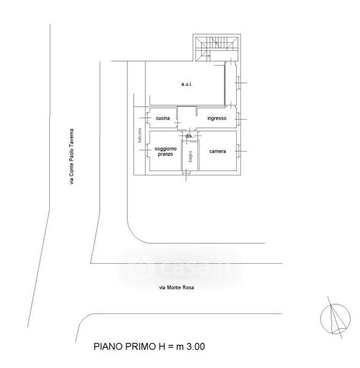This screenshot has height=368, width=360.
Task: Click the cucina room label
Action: coord(163,118)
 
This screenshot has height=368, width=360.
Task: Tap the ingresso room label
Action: coord(216,118)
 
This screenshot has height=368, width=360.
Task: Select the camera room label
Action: coord(217,151)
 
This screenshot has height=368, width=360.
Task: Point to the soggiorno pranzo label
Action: coord(166,151)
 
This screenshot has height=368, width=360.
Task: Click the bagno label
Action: coord(190,156)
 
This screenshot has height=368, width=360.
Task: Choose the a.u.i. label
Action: coord(187,84)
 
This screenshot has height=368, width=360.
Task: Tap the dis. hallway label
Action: coord(189,136)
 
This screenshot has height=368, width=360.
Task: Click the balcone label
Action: coord(140,135)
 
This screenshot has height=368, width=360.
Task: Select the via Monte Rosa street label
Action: coord(177,287)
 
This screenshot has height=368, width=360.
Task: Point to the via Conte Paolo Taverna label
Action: coord(72,156)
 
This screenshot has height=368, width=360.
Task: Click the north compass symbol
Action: coord(335,318)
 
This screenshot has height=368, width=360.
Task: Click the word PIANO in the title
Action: coord(108,347)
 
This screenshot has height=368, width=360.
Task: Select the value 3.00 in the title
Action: coord(196,347)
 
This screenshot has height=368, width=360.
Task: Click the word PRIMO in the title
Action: coord(139,347)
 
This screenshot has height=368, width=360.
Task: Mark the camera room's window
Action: coord(238,151)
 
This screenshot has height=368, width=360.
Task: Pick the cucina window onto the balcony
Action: coord(148,118)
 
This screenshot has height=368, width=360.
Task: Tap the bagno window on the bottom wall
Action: coord(186,173)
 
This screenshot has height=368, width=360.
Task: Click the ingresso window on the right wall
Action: coord(238,119)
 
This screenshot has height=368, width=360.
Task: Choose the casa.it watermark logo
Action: coord(180,268)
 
